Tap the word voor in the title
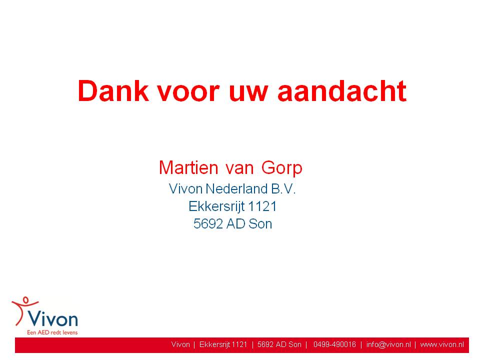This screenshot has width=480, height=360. click(x=188, y=94)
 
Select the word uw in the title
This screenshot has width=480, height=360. click(x=248, y=94)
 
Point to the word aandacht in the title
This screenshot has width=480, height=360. click(x=341, y=91)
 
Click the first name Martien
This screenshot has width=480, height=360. click(x=188, y=167)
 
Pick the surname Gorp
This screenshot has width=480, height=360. click(x=281, y=168)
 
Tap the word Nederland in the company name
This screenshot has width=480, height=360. click(x=236, y=188)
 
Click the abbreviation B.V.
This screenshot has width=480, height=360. click(x=283, y=188)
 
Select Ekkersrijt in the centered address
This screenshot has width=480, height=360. click(x=216, y=206)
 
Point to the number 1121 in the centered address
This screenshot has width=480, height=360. click(x=262, y=206)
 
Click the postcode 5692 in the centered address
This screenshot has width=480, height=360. click(x=208, y=224)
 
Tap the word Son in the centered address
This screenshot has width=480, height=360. click(x=260, y=224)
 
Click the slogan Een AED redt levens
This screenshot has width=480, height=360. click(x=52, y=332)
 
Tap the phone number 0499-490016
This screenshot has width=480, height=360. click(x=334, y=344)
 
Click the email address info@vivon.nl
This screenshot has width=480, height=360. click(x=388, y=344)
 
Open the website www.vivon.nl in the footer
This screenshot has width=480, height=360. click(x=442, y=344)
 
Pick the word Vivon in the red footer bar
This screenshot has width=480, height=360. click(x=180, y=344)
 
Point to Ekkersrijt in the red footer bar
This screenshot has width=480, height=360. click(x=214, y=344)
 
